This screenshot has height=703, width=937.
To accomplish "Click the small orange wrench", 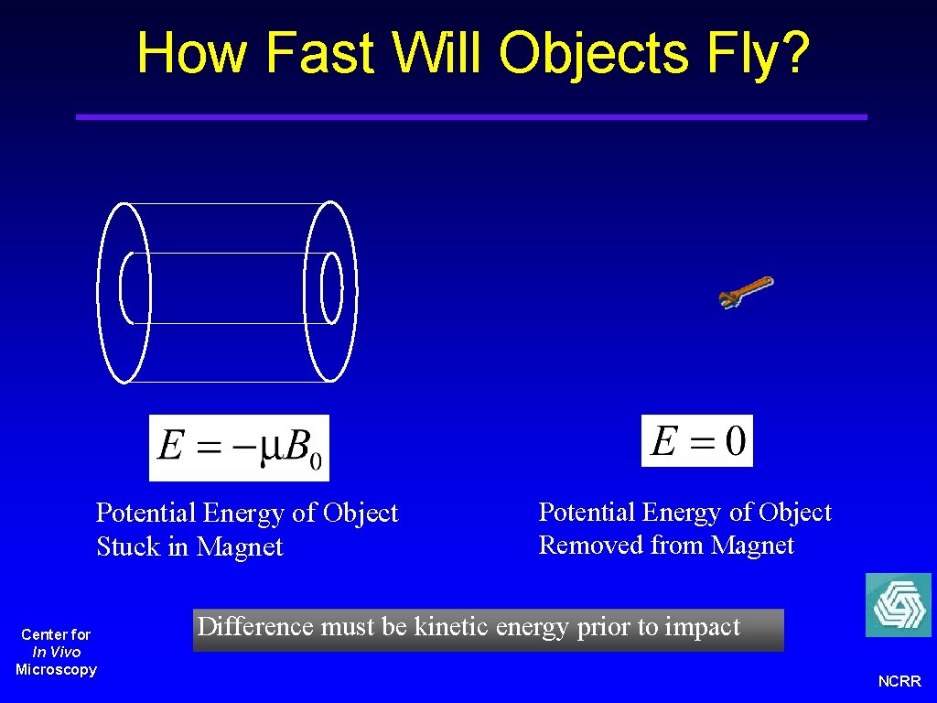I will (x=746, y=292).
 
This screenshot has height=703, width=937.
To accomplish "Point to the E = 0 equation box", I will (x=696, y=441).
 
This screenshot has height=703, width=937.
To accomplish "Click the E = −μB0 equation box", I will (x=239, y=448).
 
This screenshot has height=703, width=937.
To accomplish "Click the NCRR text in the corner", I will (x=899, y=682).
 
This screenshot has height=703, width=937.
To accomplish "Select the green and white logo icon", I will (x=898, y=605).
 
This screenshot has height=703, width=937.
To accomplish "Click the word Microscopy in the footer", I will (x=56, y=670).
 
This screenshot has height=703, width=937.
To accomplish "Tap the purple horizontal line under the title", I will (x=471, y=117).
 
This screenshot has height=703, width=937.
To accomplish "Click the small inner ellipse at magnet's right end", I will (x=331, y=287).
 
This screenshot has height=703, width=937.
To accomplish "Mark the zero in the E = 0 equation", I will (x=735, y=441).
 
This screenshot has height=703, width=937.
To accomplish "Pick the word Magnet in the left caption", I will (x=240, y=547).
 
